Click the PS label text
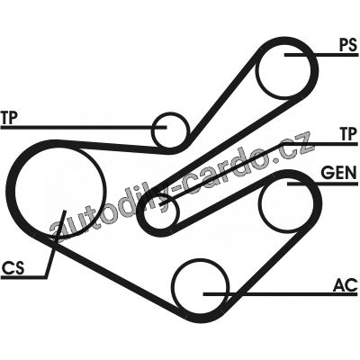[x=348, y=46]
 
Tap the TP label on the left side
[x=9, y=118]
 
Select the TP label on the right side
[x=349, y=134]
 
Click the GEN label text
[x=339, y=173]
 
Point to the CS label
[x=13, y=267]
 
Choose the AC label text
[x=346, y=284]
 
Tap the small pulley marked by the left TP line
[x=170, y=130]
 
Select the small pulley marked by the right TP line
[x=161, y=212]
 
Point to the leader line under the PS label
[x=321, y=55]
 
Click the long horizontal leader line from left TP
[x=84, y=127]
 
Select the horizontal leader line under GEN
[x=323, y=183]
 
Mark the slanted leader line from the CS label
[x=55, y=244]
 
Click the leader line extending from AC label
[x=281, y=294]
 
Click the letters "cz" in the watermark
[x=297, y=148]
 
